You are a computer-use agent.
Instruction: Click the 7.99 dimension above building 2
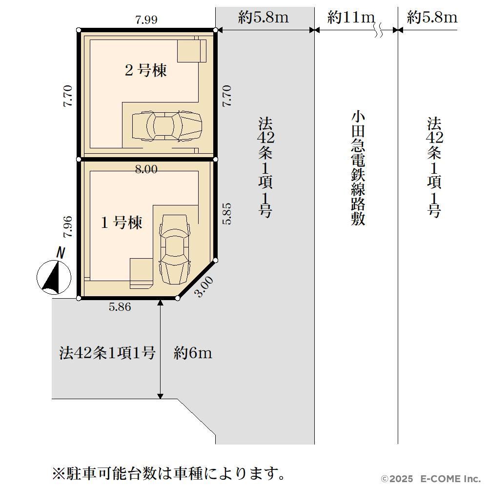tap(146, 20)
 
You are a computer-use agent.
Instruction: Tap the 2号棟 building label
tap(145, 70)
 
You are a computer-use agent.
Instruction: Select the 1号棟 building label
tap(122, 223)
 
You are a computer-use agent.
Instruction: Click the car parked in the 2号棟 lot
tap(167, 126)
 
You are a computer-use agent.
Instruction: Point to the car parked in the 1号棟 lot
tap(174, 249)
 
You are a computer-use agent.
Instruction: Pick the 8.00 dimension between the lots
tap(146, 169)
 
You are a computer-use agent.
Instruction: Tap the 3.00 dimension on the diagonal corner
tap(203, 286)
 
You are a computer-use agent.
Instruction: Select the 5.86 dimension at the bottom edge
tap(120, 307)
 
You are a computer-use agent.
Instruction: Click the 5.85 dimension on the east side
tap(227, 214)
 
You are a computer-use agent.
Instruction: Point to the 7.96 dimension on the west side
tap(67, 226)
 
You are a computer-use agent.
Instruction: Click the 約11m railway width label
tap(351, 17)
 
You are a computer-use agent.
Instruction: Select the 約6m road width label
tap(193, 353)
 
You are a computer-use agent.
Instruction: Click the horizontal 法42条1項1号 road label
tap(107, 353)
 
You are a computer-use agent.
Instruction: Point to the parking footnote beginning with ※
tap(168, 474)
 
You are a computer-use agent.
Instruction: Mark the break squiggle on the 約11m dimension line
tap(379, 30)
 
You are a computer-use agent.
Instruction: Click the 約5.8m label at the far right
tap(432, 17)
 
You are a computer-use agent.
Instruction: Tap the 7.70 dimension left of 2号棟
tap(67, 96)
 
